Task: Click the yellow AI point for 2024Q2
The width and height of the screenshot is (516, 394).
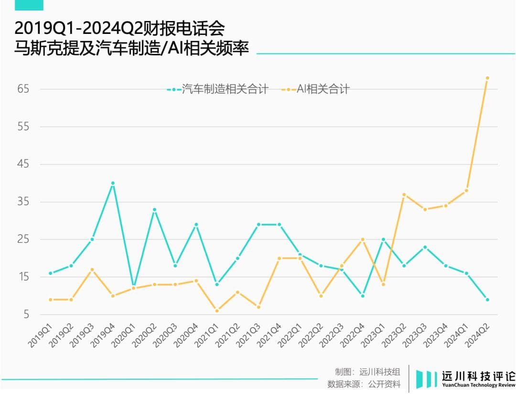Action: point(487,78)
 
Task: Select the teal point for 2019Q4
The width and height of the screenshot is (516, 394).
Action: point(113,183)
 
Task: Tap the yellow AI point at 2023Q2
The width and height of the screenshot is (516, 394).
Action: point(404,194)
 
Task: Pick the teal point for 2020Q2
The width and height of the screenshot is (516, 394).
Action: point(154,210)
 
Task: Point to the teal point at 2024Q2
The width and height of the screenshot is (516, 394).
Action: point(487,299)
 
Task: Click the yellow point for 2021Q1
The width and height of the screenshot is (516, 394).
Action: point(217,310)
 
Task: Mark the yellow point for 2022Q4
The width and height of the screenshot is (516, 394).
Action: point(362,239)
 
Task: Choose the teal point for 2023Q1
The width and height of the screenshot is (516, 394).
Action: point(383,239)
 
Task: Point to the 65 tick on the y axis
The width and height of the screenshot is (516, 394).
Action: point(23,89)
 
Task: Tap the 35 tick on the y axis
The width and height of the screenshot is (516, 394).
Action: point(23,202)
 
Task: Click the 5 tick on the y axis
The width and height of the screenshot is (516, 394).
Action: point(26,314)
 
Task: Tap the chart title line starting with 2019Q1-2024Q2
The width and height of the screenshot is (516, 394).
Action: point(119,29)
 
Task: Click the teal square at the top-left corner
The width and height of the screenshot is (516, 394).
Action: point(29,5)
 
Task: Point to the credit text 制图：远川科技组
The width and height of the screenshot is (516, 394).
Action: point(367,372)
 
